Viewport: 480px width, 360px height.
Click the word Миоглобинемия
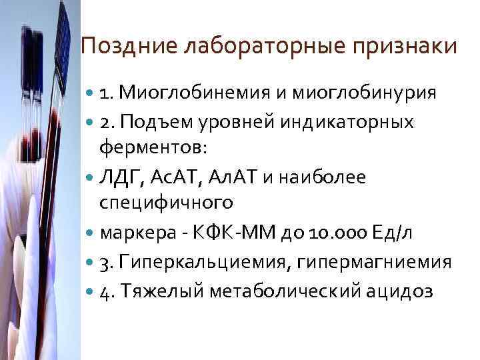(x=194, y=91)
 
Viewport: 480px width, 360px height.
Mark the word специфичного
(x=166, y=201)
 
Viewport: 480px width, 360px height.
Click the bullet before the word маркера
(x=91, y=233)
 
